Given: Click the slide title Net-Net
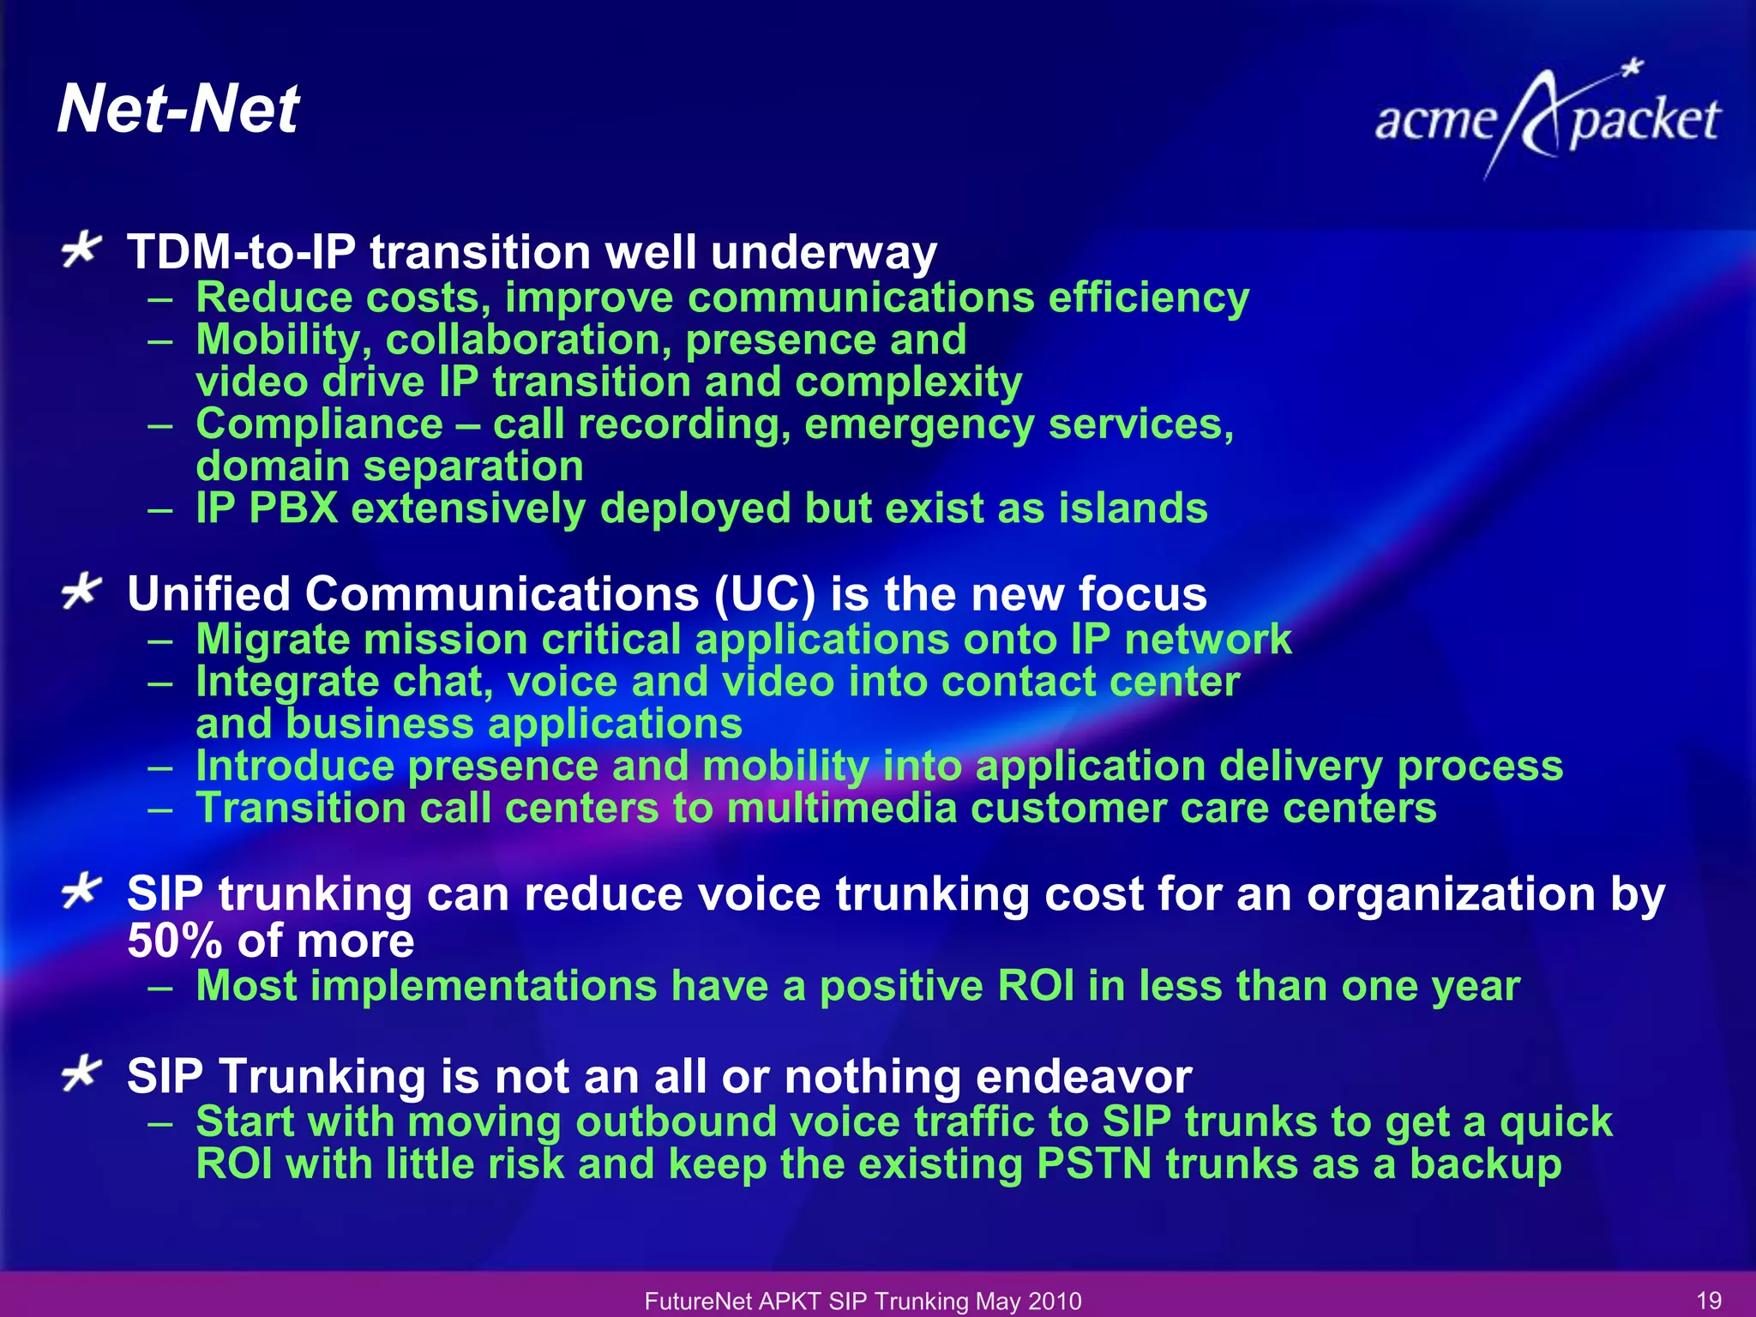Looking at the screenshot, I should (177, 110).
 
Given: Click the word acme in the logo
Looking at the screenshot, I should (1435, 121).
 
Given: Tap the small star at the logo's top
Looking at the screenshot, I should (1633, 67).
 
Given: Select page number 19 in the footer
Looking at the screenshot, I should (1709, 1301).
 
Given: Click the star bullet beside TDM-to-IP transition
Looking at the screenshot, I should (82, 250).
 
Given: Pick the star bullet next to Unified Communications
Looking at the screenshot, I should (82, 592).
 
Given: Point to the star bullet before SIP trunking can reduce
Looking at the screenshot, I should (82, 892).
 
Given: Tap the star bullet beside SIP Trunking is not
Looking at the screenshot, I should (82, 1073).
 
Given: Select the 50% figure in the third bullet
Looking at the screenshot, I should (175, 941).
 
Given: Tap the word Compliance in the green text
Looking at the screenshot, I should (319, 424).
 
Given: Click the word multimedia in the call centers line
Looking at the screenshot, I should (841, 809).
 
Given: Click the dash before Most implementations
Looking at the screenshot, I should (160, 987).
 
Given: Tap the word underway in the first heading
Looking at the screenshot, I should (823, 253).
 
